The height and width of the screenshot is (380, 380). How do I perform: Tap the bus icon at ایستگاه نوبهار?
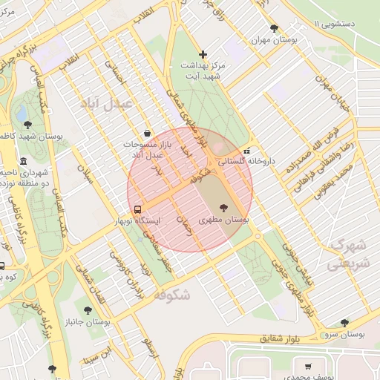(137, 209)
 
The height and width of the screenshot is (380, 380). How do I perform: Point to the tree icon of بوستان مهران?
(274, 29)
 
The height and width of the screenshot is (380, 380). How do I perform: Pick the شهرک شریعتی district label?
(348, 253)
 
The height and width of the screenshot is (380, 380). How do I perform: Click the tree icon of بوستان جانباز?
(88, 311)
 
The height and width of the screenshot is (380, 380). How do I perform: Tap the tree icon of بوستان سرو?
(344, 323)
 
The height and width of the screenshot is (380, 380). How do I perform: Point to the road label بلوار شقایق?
(282, 338)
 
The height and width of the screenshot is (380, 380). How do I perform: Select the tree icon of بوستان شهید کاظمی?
(28, 124)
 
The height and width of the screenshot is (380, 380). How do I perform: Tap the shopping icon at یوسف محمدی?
(308, 367)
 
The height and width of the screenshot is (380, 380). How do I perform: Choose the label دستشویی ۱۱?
(347, 24)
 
